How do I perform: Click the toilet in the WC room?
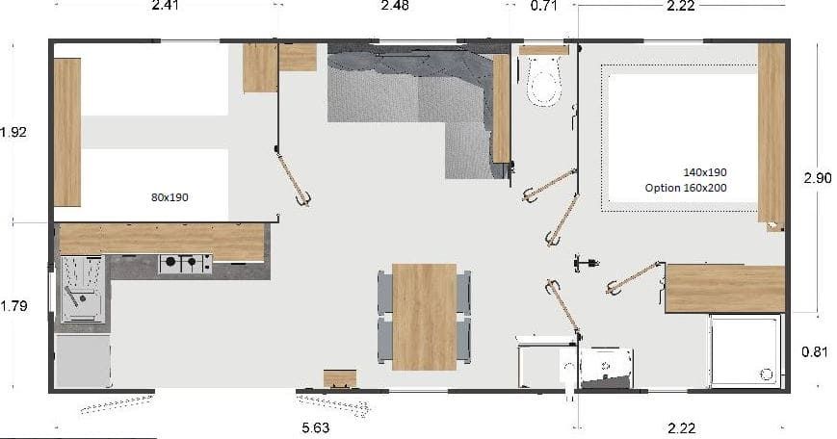[544, 81]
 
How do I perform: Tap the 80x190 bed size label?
[170, 197]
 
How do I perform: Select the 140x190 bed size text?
[705, 172]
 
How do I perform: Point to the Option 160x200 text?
[686, 188]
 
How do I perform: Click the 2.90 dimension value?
[817, 178]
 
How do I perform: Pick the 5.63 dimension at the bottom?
[316, 427]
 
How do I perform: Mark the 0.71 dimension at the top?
[544, 6]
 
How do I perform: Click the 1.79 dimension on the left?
[13, 306]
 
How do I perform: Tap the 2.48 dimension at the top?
[395, 6]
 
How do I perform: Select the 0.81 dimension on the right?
[815, 352]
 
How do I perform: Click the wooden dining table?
[425, 317]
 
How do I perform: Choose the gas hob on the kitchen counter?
[185, 264]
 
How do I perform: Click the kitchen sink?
[82, 289]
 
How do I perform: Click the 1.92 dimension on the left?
[13, 132]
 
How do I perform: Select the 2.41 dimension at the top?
[166, 6]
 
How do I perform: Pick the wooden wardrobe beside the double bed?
[771, 134]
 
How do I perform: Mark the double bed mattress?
[683, 139]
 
